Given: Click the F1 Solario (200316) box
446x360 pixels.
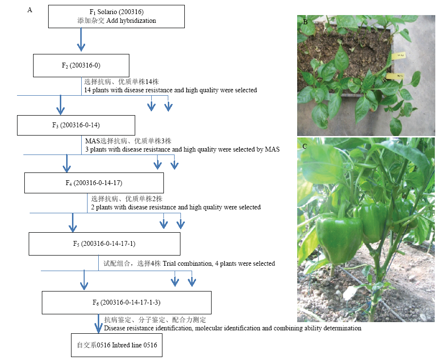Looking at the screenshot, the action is (x=116, y=17).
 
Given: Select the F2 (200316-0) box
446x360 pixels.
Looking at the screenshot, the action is (x=81, y=66).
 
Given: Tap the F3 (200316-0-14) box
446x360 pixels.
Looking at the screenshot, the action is (x=76, y=125).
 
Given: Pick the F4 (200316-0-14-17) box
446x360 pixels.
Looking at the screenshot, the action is (x=94, y=183).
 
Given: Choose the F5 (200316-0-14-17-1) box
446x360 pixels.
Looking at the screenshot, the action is (x=105, y=244).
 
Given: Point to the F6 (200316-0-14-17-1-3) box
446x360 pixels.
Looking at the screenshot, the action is (x=126, y=303).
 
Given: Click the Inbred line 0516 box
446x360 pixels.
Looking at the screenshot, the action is (x=117, y=345).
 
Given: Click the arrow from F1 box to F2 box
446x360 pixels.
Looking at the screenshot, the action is (x=81, y=39).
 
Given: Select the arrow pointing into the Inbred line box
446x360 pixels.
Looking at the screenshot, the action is (x=98, y=324).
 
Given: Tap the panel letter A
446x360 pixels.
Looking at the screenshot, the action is (x=30, y=10).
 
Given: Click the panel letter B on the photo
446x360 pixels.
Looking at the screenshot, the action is (x=305, y=22).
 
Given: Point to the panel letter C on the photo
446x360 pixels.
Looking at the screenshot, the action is (x=304, y=146).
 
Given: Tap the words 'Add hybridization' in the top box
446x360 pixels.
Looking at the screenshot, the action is (x=131, y=21).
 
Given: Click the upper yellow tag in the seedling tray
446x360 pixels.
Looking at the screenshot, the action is (x=398, y=55).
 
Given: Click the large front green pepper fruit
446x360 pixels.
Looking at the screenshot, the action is (x=339, y=237).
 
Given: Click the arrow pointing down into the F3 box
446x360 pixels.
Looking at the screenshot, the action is (x=60, y=105).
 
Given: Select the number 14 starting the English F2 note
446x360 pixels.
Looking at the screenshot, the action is (x=88, y=90).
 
